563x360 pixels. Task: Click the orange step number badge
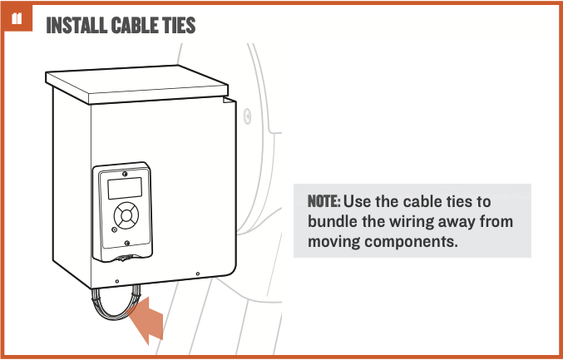click(17, 18)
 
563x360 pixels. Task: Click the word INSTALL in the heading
click(77, 25)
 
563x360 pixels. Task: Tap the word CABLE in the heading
click(134, 25)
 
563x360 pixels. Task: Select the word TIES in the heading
click(179, 25)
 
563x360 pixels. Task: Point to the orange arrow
click(146, 319)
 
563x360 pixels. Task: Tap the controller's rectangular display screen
click(125, 188)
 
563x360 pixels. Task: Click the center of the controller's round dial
click(126, 215)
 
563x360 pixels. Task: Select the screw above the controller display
click(125, 174)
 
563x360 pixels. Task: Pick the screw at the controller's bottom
click(126, 243)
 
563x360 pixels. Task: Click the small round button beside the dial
click(114, 229)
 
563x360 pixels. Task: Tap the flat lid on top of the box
click(137, 85)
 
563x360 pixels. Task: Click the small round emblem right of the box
click(247, 116)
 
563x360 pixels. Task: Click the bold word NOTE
click(323, 201)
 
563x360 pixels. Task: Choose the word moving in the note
click(334, 242)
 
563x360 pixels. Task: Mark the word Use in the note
click(357, 201)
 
